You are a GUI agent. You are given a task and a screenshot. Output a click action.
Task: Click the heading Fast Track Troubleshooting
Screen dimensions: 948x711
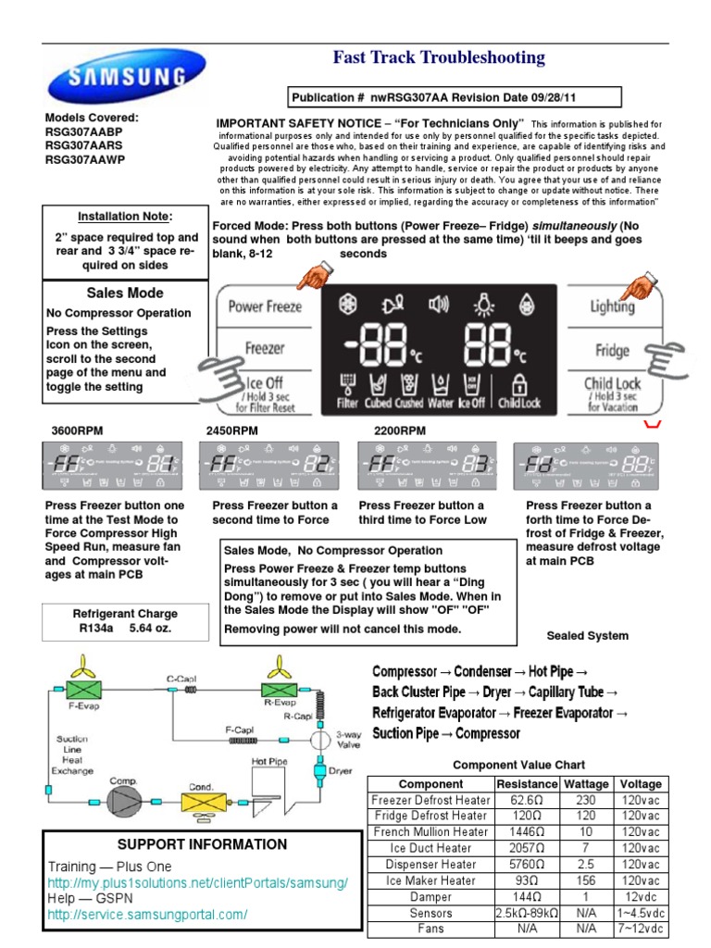coord(439,58)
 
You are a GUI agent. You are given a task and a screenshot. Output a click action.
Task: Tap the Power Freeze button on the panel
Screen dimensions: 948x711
coord(265,306)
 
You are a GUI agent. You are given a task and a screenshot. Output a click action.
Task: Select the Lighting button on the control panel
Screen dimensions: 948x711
coord(613,306)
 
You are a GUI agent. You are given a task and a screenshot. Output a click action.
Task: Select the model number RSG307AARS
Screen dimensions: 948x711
coord(85,145)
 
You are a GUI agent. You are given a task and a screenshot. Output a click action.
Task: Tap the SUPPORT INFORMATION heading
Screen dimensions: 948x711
coord(202,844)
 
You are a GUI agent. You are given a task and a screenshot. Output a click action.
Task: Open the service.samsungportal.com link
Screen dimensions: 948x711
coord(147,915)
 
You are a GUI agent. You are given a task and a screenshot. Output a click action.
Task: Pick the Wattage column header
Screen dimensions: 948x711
coord(586,784)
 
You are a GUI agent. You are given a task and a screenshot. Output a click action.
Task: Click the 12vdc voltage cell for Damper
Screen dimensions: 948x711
coord(642,897)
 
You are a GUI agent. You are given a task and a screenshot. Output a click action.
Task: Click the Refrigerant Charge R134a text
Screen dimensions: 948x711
coord(125,621)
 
